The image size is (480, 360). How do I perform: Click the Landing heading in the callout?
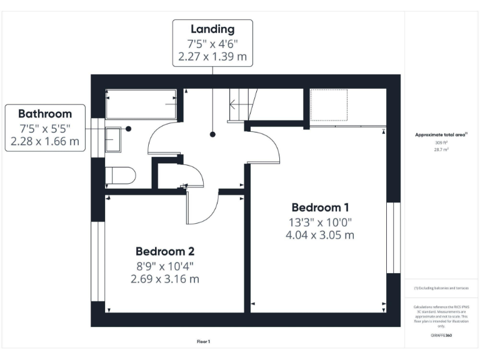(x=212, y=29)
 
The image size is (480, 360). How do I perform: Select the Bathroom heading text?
(x=44, y=114)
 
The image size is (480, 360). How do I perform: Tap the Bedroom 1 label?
(x=320, y=207)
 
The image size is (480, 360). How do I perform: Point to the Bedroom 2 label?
(x=165, y=251)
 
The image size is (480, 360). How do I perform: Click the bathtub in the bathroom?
(x=141, y=104)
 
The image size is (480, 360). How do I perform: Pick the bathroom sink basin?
(x=113, y=139)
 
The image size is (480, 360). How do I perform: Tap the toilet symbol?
(x=119, y=176)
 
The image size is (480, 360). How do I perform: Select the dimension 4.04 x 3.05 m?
(x=320, y=236)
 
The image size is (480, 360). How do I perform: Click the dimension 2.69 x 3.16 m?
(x=165, y=279)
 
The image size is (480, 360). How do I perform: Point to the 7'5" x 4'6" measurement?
(x=212, y=44)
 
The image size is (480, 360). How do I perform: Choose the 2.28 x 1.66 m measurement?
(x=44, y=142)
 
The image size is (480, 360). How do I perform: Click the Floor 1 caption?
(x=204, y=342)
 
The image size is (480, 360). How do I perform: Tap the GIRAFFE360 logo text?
(x=441, y=336)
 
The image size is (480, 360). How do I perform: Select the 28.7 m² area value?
(x=441, y=150)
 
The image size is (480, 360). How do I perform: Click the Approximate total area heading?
(x=441, y=134)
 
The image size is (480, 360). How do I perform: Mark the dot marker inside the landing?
(x=212, y=134)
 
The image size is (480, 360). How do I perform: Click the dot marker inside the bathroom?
(x=128, y=129)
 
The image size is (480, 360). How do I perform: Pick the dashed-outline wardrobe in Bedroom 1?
(x=329, y=104)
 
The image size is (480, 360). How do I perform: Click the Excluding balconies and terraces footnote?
(x=441, y=288)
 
